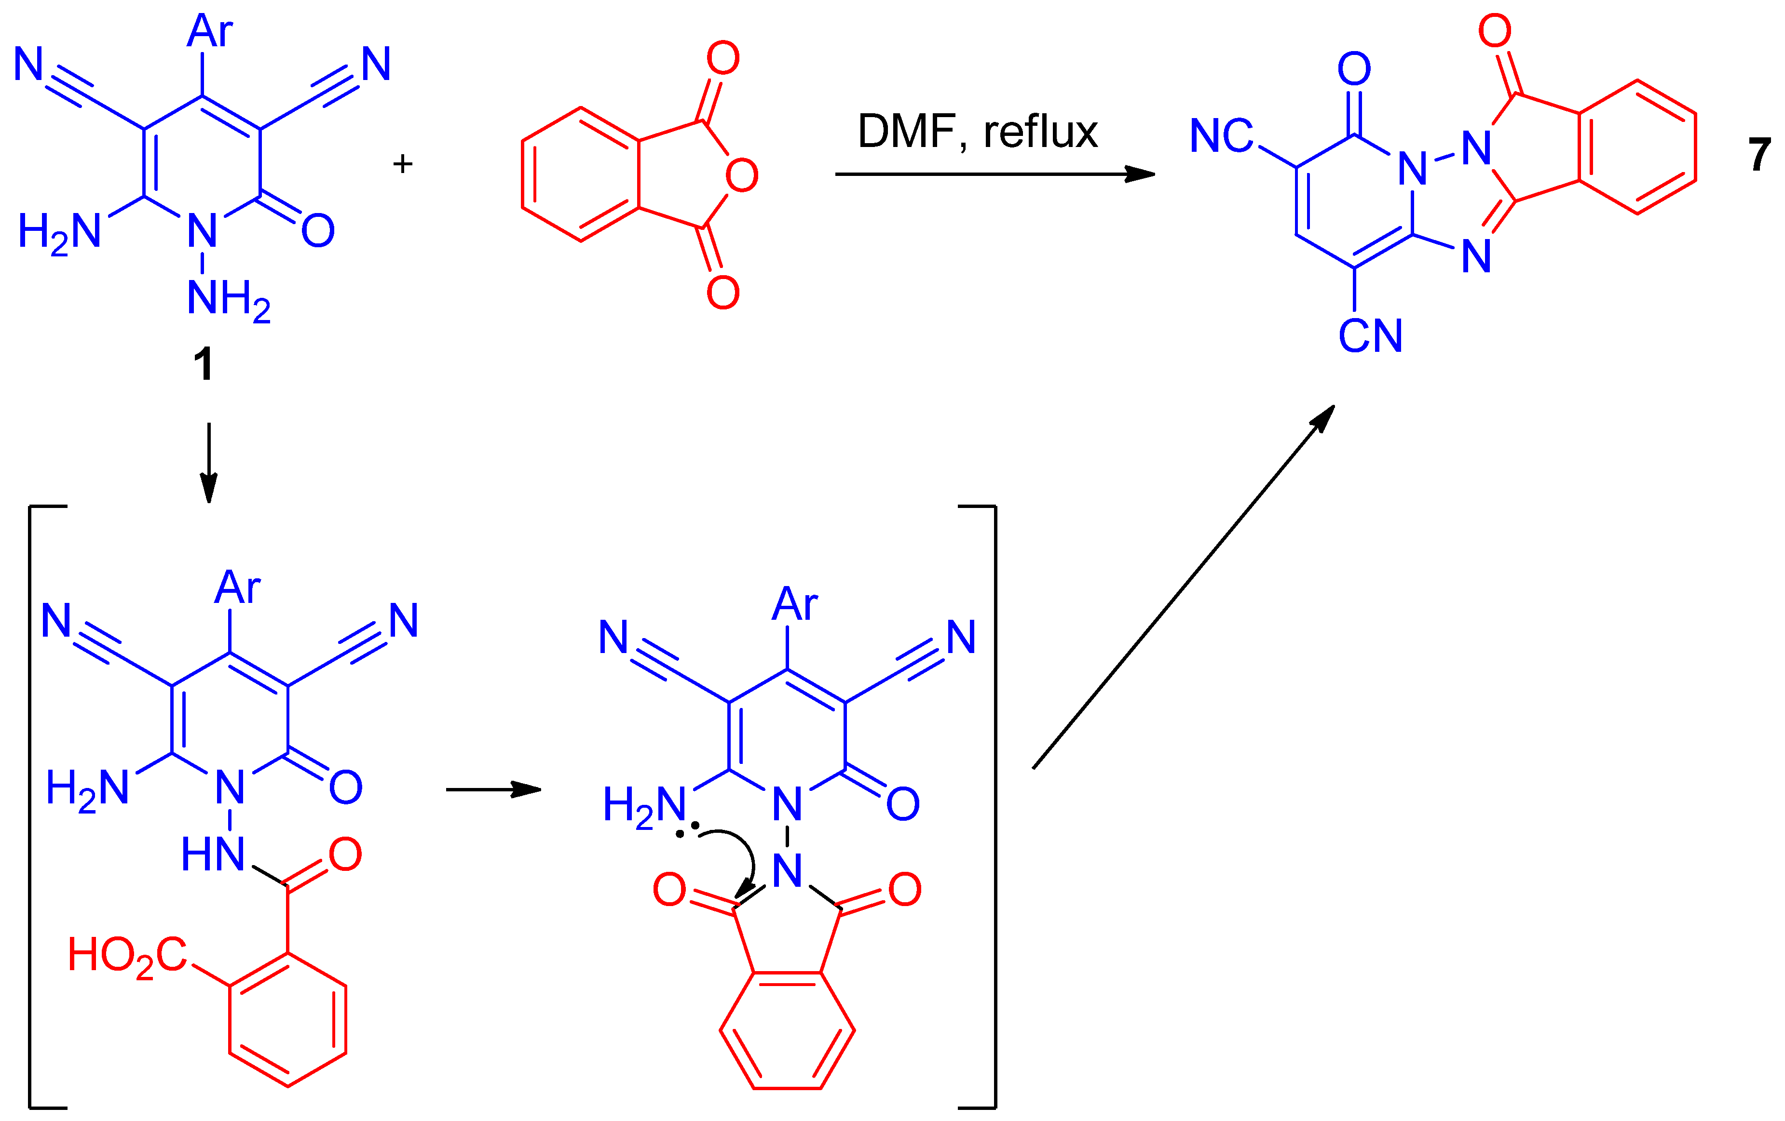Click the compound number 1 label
[203, 364]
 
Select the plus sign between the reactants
[403, 164]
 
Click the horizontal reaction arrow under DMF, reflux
[994, 174]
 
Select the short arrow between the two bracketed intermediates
[493, 790]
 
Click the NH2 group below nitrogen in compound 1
[228, 299]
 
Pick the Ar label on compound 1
[210, 31]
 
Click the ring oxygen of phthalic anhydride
[741, 175]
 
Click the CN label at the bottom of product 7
[1370, 336]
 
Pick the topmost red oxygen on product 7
[1495, 31]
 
